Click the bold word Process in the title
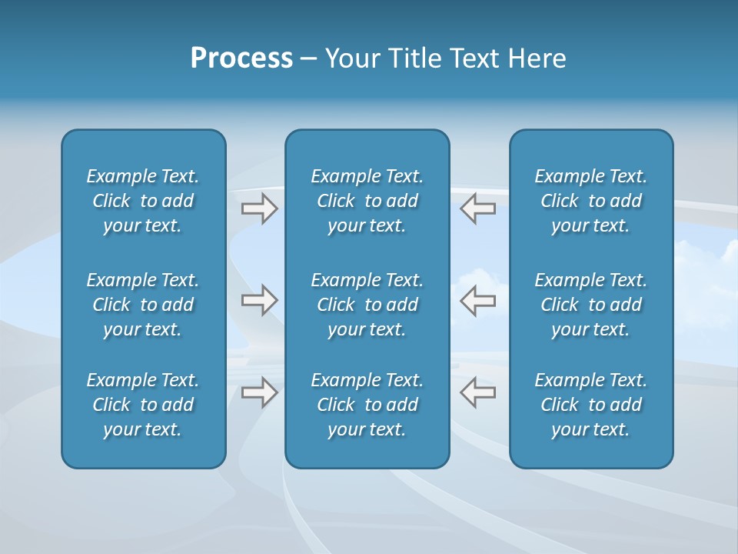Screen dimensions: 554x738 click(241, 58)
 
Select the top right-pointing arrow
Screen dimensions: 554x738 click(259, 209)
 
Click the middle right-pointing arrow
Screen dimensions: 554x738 click(259, 300)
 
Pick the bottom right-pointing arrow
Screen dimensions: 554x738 click(259, 392)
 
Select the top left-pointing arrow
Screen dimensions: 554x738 click(478, 209)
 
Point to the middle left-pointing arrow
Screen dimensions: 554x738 click(478, 300)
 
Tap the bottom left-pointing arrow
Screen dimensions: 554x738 click(478, 392)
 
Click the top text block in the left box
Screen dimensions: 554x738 click(143, 201)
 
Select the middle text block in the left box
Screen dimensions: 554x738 click(143, 305)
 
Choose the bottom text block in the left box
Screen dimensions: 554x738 click(143, 405)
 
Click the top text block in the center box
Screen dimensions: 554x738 click(367, 201)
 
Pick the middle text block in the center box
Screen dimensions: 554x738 click(367, 305)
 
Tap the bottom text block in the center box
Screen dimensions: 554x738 click(367, 405)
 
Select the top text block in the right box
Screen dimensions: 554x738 click(591, 201)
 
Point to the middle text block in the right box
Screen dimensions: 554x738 click(591, 305)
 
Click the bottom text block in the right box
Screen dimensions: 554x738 click(591, 405)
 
